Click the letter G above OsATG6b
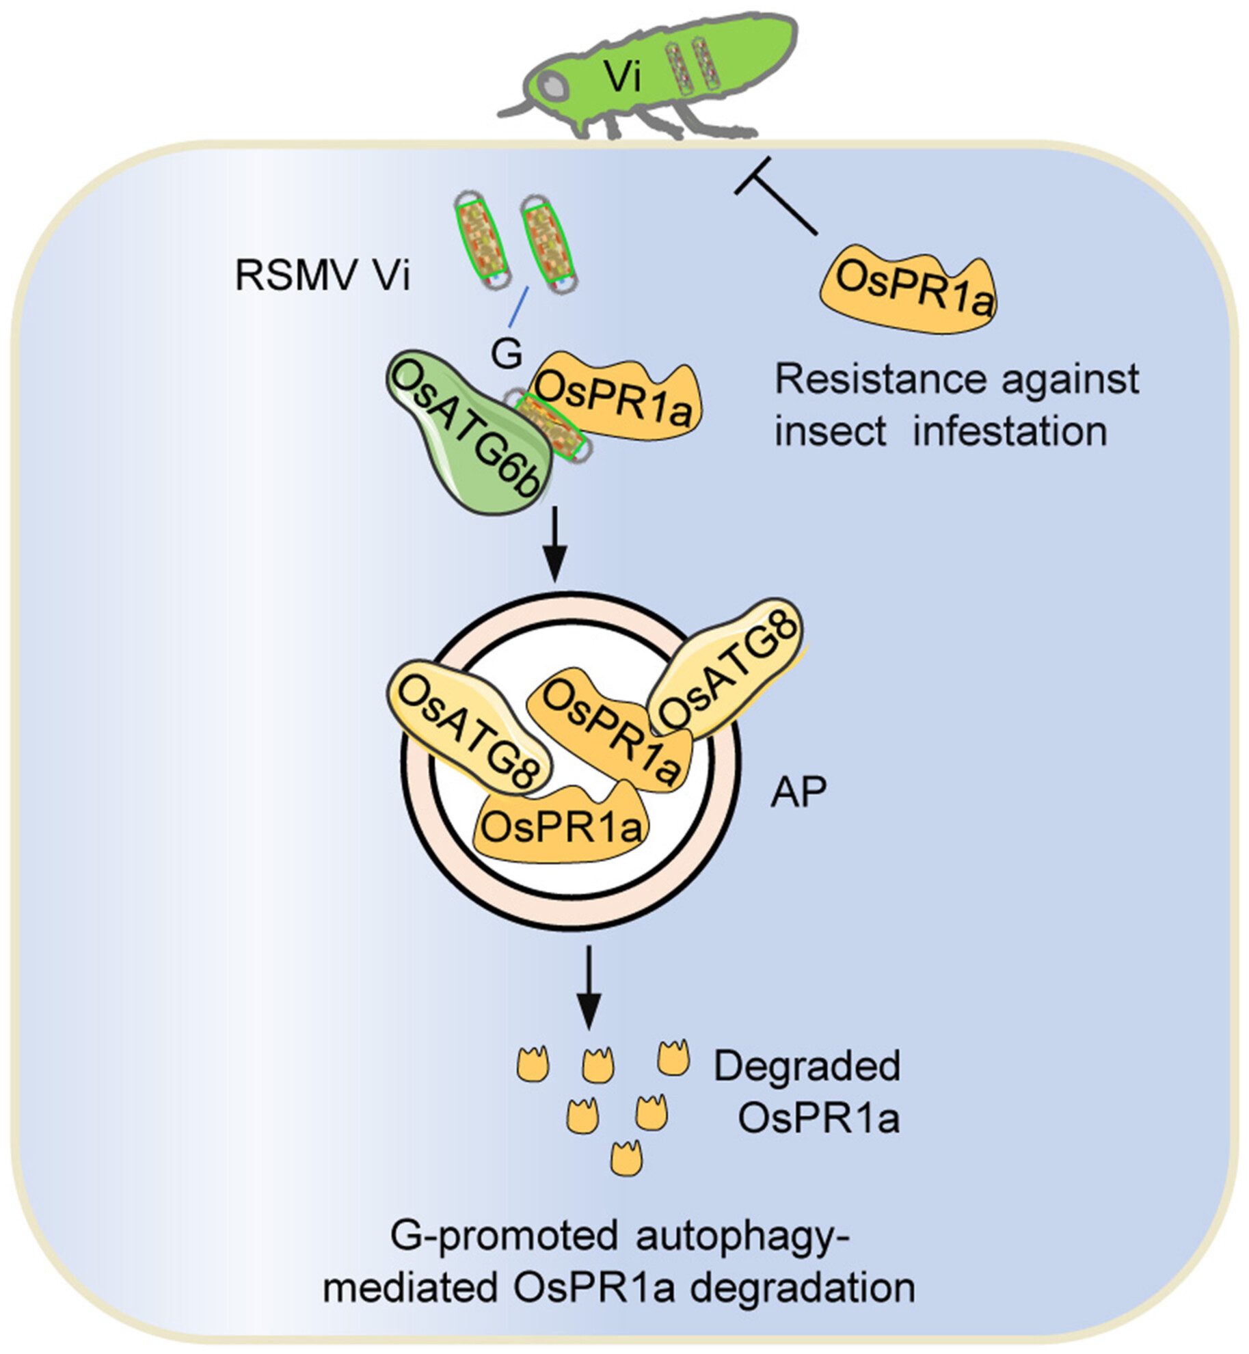[507, 354]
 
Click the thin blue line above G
[518, 307]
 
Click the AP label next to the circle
[798, 792]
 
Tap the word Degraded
[807, 1066]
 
